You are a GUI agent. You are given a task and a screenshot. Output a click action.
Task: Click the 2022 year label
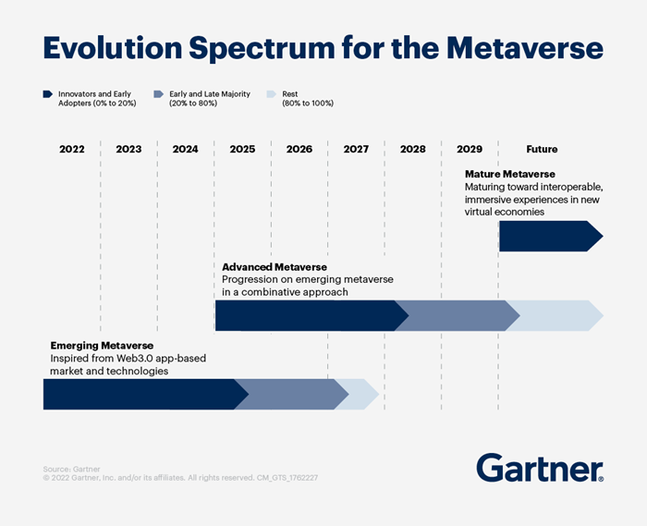[72, 149]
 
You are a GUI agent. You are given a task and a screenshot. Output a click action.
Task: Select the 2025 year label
[242, 149]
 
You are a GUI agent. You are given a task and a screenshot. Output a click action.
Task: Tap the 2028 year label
[412, 149]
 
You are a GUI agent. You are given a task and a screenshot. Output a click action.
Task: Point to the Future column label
[542, 149]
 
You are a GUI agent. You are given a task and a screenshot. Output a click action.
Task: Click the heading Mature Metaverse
[509, 174]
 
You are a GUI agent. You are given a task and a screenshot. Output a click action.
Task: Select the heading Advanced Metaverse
[274, 267]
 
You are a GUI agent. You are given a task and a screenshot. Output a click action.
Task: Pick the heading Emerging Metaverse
[101, 346]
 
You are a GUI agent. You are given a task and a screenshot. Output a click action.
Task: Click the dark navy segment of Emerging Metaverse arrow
[139, 394]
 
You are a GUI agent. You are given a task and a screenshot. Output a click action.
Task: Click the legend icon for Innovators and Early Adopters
[47, 94]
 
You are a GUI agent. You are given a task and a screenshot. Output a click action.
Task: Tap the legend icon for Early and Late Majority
[158, 94]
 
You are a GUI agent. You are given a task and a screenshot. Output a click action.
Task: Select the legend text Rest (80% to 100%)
[307, 98]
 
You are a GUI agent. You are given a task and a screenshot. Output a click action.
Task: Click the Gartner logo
[540, 468]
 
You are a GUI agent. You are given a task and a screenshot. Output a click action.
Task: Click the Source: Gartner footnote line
[71, 470]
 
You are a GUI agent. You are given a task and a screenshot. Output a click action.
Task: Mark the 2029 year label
[470, 149]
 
